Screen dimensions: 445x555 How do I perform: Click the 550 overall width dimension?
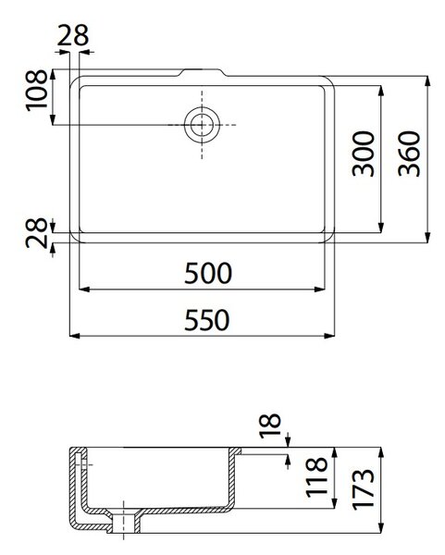click(x=207, y=320)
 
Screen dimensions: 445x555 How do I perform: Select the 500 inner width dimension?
click(x=208, y=273)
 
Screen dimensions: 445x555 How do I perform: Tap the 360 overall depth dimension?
click(x=409, y=154)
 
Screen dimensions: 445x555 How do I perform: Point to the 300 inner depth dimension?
click(x=364, y=154)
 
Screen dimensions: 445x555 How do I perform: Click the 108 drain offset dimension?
click(x=36, y=91)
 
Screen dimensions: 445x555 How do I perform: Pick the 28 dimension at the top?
click(x=72, y=35)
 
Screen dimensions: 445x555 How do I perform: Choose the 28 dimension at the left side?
click(x=36, y=233)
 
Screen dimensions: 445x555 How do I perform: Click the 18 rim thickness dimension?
click(x=270, y=425)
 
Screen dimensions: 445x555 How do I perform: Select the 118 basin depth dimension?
click(x=316, y=477)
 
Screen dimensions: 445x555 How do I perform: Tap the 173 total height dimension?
click(x=363, y=489)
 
